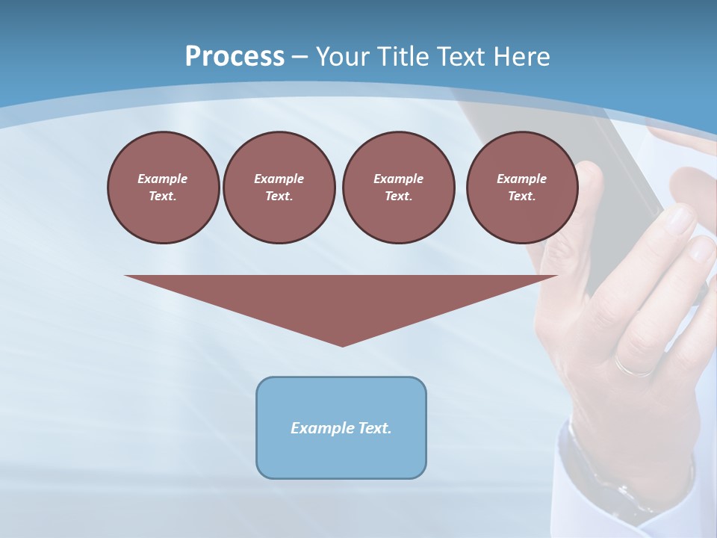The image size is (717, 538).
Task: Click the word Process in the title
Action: (235, 56)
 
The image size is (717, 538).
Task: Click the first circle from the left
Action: (163, 188)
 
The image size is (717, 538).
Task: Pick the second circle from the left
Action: (279, 188)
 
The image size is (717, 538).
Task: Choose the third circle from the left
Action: (398, 188)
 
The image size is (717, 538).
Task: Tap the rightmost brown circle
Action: (521, 188)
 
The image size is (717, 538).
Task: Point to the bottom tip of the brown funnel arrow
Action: (342, 345)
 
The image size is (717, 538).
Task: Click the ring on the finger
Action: (635, 366)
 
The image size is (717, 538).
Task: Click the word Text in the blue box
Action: (375, 428)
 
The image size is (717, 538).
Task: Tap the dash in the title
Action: (299, 57)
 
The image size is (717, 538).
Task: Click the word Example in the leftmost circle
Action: (163, 179)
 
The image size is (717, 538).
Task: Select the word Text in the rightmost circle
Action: (521, 197)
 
